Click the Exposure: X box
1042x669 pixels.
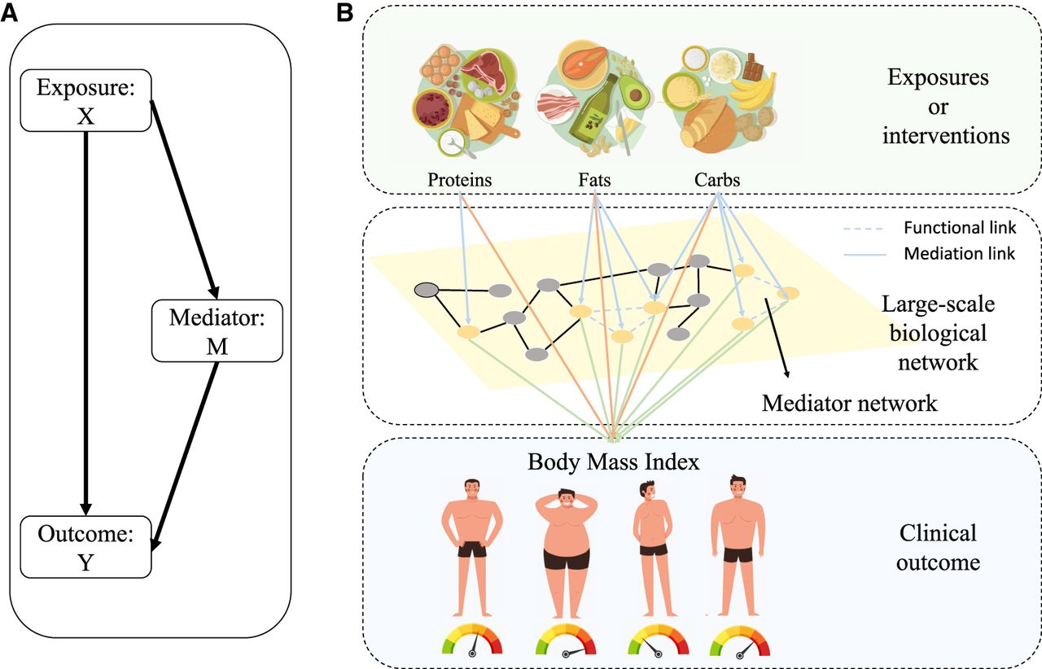point(85,102)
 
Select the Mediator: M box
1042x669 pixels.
point(217,331)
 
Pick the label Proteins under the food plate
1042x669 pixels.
point(460,180)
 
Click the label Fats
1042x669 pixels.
point(596,180)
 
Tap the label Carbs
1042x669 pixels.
point(717,180)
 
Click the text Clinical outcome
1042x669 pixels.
point(937,548)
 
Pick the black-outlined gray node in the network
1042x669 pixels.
point(426,289)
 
